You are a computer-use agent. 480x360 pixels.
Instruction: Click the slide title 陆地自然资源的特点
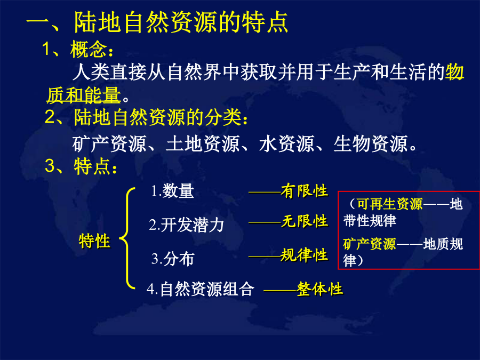click(181, 22)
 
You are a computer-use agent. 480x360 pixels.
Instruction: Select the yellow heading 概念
click(89, 49)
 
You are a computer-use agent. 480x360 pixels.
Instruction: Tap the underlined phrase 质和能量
click(84, 95)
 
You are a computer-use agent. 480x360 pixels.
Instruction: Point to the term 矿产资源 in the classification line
click(109, 143)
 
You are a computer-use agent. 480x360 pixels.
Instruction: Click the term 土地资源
click(202, 143)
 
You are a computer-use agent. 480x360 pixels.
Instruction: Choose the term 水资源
click(286, 143)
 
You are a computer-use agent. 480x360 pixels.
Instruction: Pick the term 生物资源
click(371, 143)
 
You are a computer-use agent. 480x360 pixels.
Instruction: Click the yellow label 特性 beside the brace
click(94, 241)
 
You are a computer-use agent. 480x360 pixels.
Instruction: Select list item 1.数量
click(173, 191)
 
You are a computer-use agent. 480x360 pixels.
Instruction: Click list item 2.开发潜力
click(187, 225)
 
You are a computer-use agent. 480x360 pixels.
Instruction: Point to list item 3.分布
click(173, 259)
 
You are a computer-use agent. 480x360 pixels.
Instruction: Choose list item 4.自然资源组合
click(201, 289)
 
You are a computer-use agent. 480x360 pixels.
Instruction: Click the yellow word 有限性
click(305, 191)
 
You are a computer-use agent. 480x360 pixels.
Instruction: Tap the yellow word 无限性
click(305, 221)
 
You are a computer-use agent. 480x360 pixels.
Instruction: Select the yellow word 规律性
click(305, 255)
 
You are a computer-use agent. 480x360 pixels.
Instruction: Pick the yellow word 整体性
click(319, 289)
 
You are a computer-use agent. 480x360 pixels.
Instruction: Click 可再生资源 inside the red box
click(390, 204)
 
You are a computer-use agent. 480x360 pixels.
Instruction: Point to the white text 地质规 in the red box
click(443, 244)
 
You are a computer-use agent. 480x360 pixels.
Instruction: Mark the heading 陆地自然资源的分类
click(158, 117)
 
